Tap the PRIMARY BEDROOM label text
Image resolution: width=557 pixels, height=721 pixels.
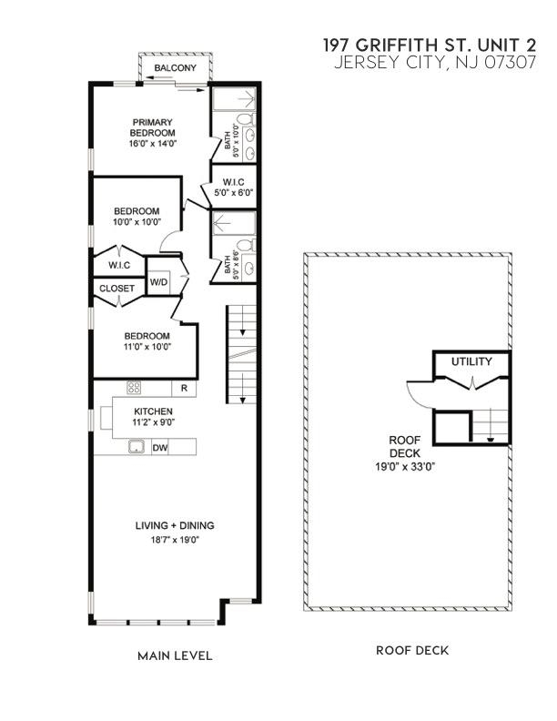(x=152, y=127)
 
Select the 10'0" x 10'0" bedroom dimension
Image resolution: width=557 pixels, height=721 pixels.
(x=137, y=221)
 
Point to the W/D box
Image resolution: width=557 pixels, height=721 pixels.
(x=158, y=282)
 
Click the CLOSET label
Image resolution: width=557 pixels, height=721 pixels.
(x=117, y=289)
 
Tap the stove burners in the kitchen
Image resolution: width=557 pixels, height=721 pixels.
(x=134, y=388)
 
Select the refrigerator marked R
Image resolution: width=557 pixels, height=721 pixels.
(x=184, y=389)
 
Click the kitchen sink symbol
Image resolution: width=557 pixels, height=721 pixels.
(x=137, y=447)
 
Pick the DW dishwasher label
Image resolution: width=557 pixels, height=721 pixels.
(x=159, y=447)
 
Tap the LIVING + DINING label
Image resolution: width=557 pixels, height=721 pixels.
(x=173, y=525)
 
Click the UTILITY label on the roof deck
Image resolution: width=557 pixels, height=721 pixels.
(x=471, y=362)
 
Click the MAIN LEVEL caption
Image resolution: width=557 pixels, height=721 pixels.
(x=175, y=655)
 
